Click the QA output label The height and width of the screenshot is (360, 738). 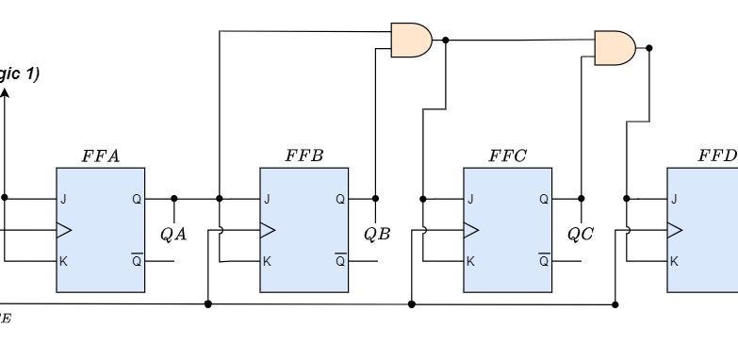[x=172, y=234]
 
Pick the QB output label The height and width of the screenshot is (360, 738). [x=376, y=234]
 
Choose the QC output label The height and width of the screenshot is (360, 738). [x=580, y=234]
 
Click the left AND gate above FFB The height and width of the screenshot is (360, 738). [x=411, y=41]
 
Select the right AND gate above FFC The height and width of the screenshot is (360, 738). [x=615, y=46]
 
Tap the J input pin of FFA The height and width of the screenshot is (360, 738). [x=63, y=199]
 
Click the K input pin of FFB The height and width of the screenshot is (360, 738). [x=267, y=261]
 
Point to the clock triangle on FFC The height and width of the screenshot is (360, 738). [x=471, y=230]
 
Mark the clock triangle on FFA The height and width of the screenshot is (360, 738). [x=64, y=230]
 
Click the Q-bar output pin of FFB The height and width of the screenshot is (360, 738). [x=340, y=261]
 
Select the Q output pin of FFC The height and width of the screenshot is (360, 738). [x=544, y=199]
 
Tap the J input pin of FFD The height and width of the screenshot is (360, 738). [x=674, y=199]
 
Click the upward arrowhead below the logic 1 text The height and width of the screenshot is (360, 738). [x=5, y=94]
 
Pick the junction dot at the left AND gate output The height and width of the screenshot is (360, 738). [x=446, y=41]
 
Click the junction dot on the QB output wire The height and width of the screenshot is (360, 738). [x=376, y=199]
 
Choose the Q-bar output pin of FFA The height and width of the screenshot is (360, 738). [x=137, y=261]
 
